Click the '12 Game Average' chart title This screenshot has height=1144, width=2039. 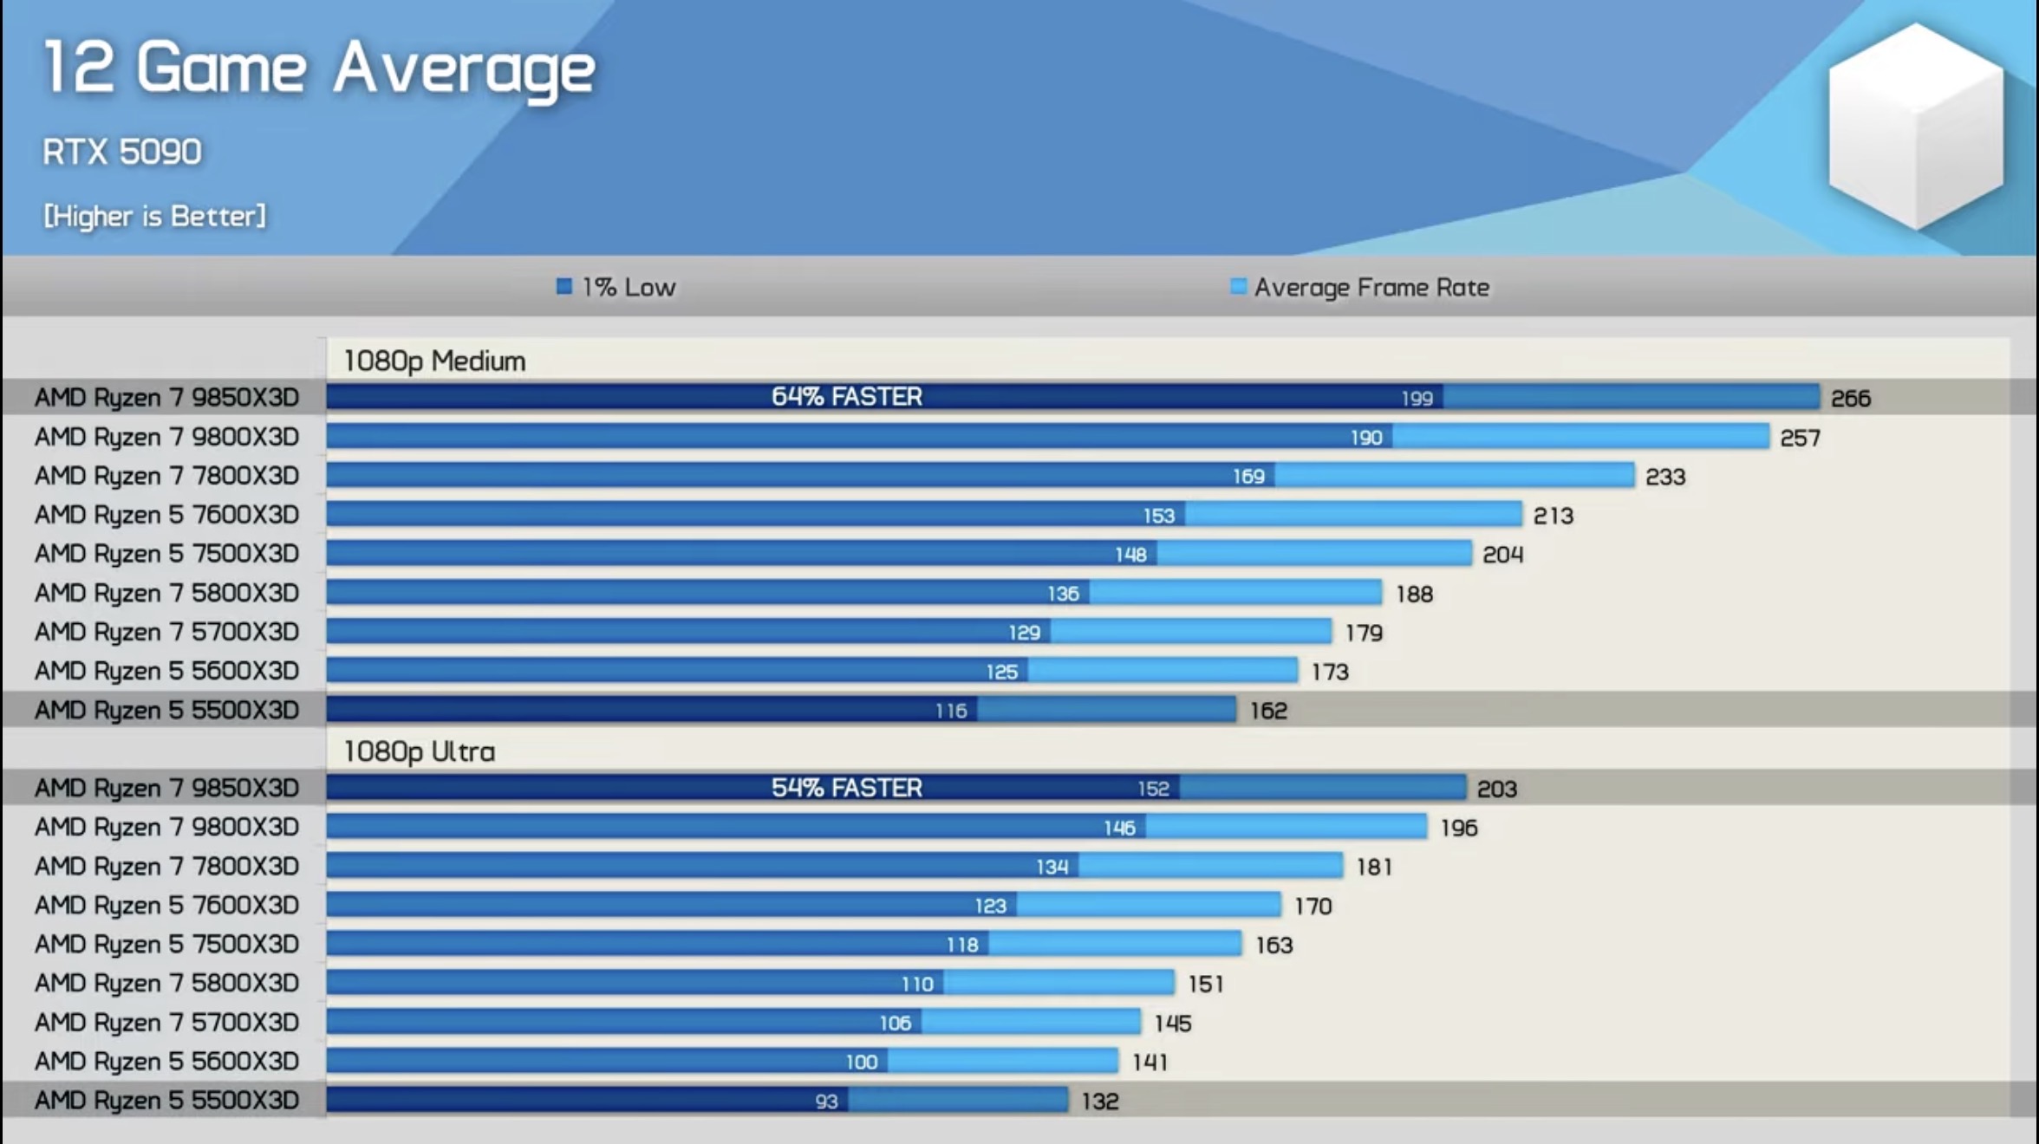[x=318, y=69]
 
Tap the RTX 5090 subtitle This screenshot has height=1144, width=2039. [x=122, y=153]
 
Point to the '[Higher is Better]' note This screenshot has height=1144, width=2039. [x=155, y=216]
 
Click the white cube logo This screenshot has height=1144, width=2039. [x=1916, y=126]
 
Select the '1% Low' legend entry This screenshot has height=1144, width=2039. [x=616, y=287]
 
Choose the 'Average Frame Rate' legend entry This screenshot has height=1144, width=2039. [x=1360, y=287]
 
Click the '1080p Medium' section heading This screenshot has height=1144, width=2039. [x=434, y=361]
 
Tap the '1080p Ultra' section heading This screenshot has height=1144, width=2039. [x=420, y=751]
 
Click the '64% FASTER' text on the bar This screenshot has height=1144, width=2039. [x=847, y=397]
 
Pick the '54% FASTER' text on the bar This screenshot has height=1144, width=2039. [x=847, y=788]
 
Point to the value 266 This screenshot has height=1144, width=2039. [x=1851, y=399]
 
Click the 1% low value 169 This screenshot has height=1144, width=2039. [x=1248, y=476]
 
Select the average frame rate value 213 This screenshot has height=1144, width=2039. [x=1553, y=516]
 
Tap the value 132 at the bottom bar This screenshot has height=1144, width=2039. [x=1100, y=1102]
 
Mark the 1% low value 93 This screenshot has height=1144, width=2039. [x=826, y=1102]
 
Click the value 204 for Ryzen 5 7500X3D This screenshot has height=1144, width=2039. [x=1502, y=555]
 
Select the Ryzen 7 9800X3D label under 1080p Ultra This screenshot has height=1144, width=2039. [x=166, y=827]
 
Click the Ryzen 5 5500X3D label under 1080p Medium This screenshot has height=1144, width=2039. [x=166, y=711]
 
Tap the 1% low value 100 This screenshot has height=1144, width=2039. [x=862, y=1062]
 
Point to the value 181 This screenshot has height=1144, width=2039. [x=1374, y=867]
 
